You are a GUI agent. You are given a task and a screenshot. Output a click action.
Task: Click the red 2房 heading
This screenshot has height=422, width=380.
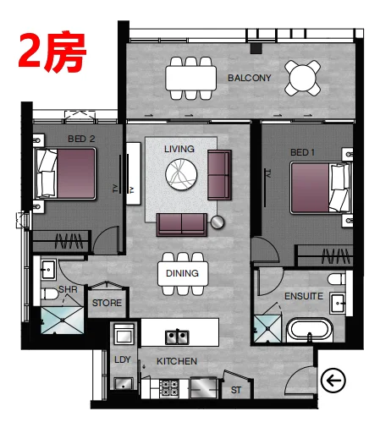(x=52, y=52)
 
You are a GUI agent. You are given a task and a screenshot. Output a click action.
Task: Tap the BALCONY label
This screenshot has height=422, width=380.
(x=250, y=78)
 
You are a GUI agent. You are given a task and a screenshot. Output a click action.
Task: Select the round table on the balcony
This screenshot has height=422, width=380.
(x=302, y=78)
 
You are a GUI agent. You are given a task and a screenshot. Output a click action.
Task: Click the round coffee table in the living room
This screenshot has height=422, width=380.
(x=181, y=174)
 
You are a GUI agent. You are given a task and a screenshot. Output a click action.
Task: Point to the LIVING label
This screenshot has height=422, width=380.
(x=179, y=149)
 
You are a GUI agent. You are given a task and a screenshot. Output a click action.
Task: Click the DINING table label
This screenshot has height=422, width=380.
(x=182, y=273)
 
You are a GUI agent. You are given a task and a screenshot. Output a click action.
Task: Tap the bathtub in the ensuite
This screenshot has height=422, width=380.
(x=310, y=330)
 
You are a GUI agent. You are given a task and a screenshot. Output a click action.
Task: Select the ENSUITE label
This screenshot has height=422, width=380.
(x=304, y=296)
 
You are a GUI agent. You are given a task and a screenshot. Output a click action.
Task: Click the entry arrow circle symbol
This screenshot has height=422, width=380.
(x=333, y=381)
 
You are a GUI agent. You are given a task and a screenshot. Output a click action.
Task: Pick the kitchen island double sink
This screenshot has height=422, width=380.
(x=177, y=337)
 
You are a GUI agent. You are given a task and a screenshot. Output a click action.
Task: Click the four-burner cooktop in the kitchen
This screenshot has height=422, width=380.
(x=169, y=388)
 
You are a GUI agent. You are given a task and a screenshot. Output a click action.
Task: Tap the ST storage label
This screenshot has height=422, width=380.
(x=236, y=390)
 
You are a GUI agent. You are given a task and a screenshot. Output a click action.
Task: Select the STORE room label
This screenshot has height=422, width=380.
(x=107, y=303)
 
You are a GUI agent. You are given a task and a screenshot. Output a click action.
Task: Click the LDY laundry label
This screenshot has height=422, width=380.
(x=123, y=359)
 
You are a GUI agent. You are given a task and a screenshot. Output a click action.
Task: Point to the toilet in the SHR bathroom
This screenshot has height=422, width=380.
(x=49, y=294)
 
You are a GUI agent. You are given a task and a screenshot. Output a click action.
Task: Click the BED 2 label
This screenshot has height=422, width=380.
(x=81, y=139)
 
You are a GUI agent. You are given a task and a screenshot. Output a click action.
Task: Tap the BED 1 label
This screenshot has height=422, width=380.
(x=302, y=152)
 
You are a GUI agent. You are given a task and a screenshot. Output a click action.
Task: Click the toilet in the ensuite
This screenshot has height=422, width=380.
(x=336, y=279)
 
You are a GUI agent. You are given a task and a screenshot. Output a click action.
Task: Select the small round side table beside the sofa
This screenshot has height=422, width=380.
(x=218, y=222)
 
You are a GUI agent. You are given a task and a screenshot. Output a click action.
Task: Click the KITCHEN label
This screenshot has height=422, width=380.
(x=177, y=361)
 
